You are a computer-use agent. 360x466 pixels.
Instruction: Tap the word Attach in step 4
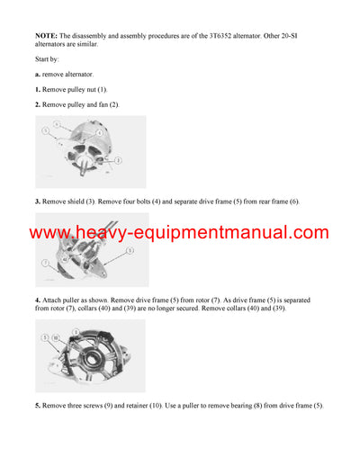(55, 300)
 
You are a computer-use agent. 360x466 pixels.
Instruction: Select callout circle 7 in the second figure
(42, 263)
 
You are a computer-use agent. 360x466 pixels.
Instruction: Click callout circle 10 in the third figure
(55, 337)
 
